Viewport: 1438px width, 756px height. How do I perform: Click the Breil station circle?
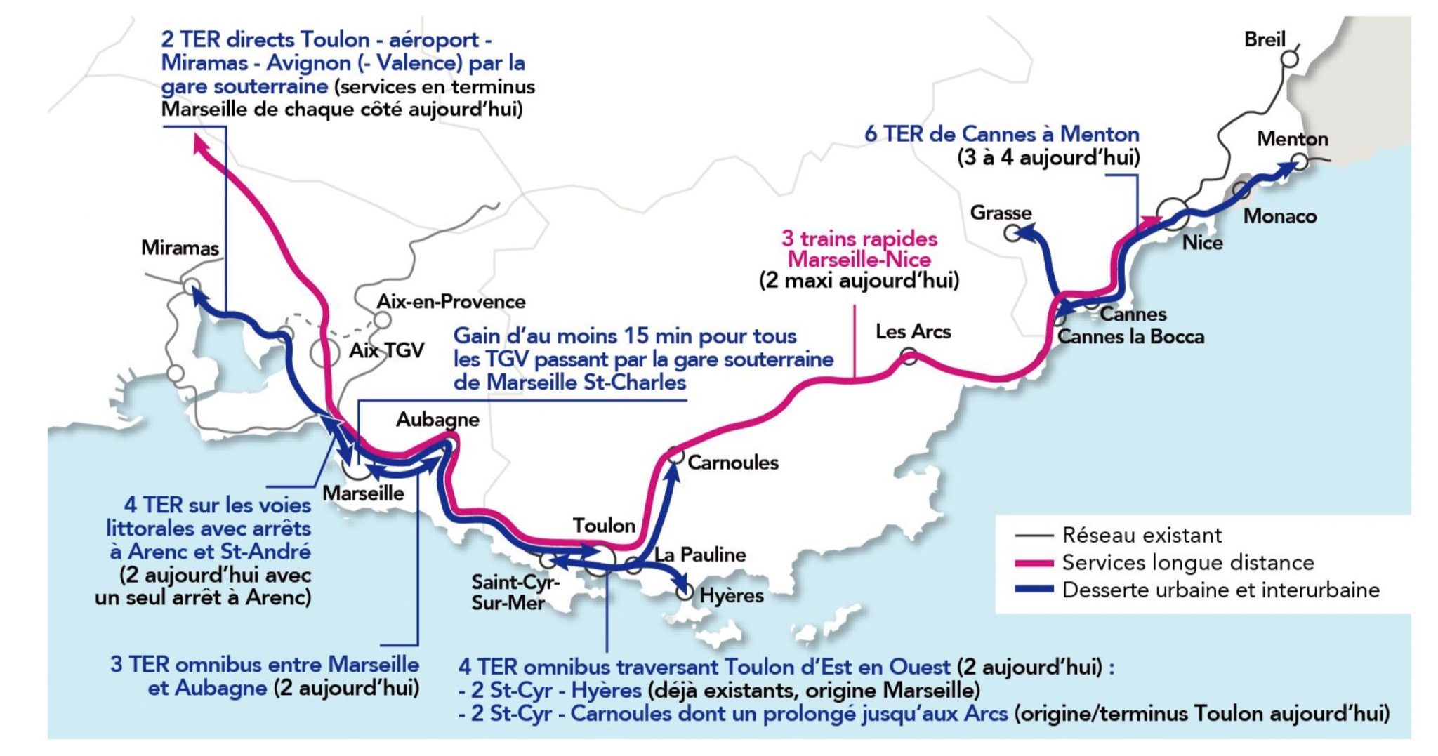(1290, 59)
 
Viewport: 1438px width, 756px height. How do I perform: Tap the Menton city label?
(1292, 139)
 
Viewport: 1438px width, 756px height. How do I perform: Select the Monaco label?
(1279, 216)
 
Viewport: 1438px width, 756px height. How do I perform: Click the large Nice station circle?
(1173, 213)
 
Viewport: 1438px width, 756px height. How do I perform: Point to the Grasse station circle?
(1012, 232)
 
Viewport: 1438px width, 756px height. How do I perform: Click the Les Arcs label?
(913, 331)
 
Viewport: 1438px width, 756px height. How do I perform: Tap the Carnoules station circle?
(675, 456)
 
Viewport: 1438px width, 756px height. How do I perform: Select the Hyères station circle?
(685, 592)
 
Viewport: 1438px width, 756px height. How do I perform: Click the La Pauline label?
(699, 555)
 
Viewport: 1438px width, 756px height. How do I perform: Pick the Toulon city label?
(604, 525)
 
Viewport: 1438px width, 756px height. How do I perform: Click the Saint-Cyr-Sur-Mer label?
(515, 592)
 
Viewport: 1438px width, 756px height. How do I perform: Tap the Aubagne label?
(437, 419)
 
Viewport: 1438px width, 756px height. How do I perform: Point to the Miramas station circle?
(191, 286)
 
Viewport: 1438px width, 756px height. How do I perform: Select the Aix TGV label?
(387, 350)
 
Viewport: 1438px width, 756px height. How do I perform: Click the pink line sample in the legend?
(1034, 563)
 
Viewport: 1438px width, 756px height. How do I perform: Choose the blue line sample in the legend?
(1034, 590)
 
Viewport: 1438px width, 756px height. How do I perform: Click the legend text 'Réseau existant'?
(1142, 536)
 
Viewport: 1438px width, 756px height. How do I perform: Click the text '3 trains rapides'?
(859, 239)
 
